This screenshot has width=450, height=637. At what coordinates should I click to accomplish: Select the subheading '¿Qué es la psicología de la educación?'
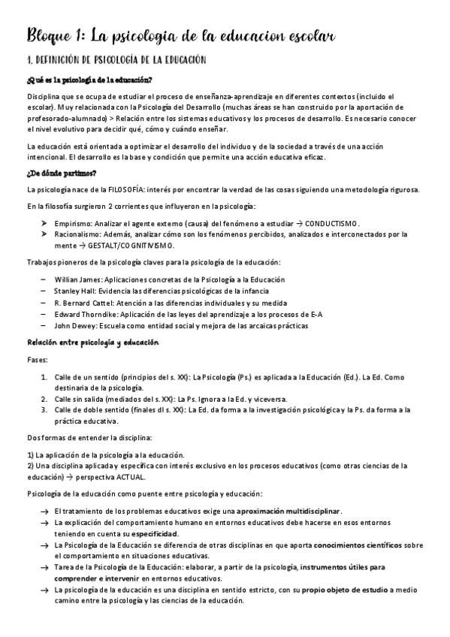click(x=89, y=80)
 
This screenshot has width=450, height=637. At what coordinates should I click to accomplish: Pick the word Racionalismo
click(x=78, y=234)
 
